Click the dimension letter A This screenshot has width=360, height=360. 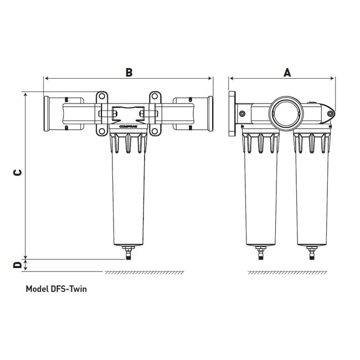click(286, 72)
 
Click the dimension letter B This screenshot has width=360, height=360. click(128, 72)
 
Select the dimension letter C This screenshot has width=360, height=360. click(18, 172)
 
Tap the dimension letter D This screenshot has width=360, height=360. click(18, 265)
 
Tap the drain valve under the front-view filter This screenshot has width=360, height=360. click(128, 254)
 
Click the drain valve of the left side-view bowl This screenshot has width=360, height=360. click(261, 254)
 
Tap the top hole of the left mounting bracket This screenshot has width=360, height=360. click(102, 99)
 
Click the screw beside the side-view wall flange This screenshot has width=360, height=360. click(243, 114)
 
